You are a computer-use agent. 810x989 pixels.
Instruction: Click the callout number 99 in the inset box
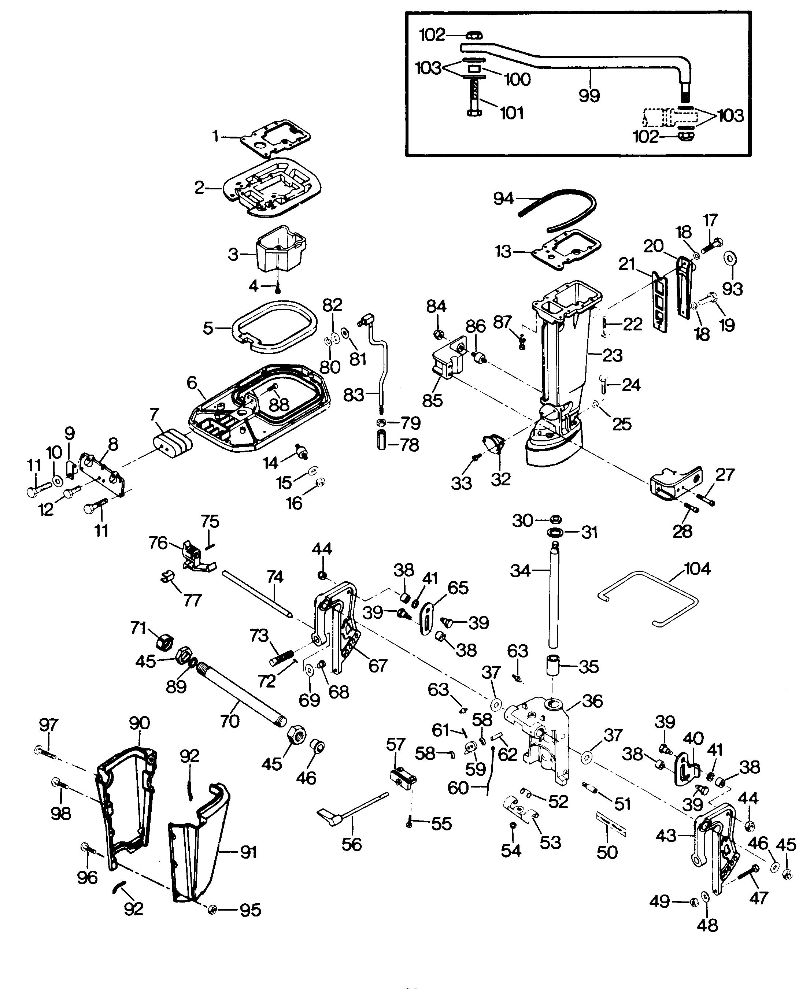(x=589, y=96)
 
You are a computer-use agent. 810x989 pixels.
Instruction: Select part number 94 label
(x=503, y=199)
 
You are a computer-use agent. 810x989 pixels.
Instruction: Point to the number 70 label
(x=229, y=721)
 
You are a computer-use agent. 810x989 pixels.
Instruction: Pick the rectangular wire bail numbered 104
(x=648, y=600)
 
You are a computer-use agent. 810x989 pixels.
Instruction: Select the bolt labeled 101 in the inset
(x=474, y=98)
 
